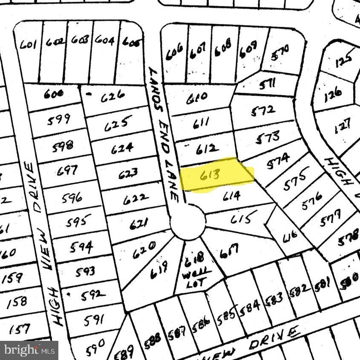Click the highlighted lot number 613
(x=210, y=175)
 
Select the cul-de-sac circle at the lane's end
(x=188, y=222)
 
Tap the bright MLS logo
(x=29, y=350)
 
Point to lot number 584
(x=250, y=305)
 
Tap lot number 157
(x=20, y=328)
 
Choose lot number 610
(x=196, y=97)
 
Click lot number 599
(x=59, y=120)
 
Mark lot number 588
(x=152, y=339)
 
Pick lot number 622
(x=136, y=199)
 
